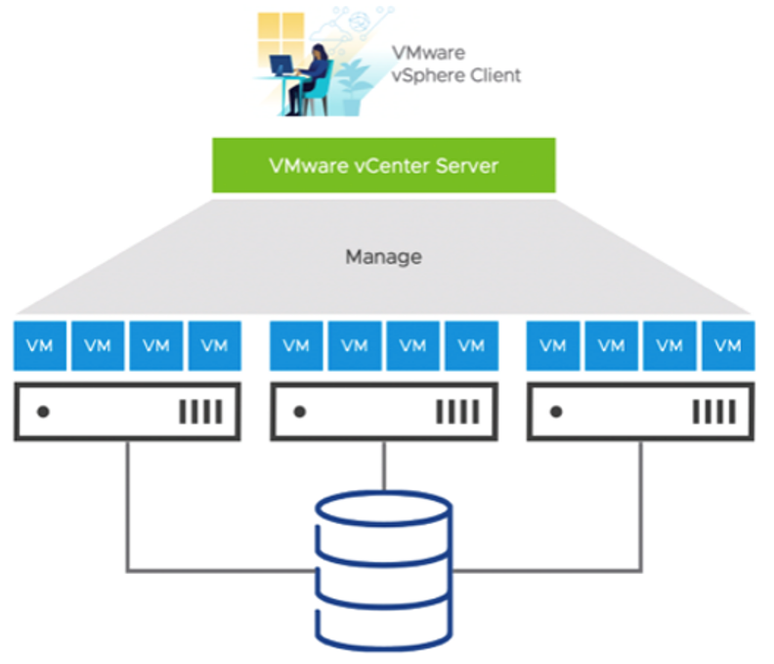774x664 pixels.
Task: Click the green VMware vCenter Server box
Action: pyautogui.click(x=383, y=165)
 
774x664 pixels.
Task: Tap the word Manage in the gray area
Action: pyautogui.click(x=383, y=257)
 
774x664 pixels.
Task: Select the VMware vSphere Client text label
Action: pyautogui.click(x=455, y=64)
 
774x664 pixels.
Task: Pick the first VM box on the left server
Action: pyautogui.click(x=39, y=345)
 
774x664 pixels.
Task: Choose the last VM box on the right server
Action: pyautogui.click(x=727, y=345)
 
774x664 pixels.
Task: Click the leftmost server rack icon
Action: pyautogui.click(x=127, y=411)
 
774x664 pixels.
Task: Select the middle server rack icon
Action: pyautogui.click(x=383, y=411)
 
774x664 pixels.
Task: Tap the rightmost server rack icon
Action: pyautogui.click(x=641, y=411)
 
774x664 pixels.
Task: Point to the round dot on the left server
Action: pyautogui.click(x=42, y=412)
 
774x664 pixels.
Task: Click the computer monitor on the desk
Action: pyautogui.click(x=281, y=66)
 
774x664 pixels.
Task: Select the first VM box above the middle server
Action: pyautogui.click(x=296, y=345)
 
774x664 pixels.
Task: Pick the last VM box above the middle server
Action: pyautogui.click(x=471, y=345)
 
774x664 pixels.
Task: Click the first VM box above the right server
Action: pyautogui.click(x=553, y=345)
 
